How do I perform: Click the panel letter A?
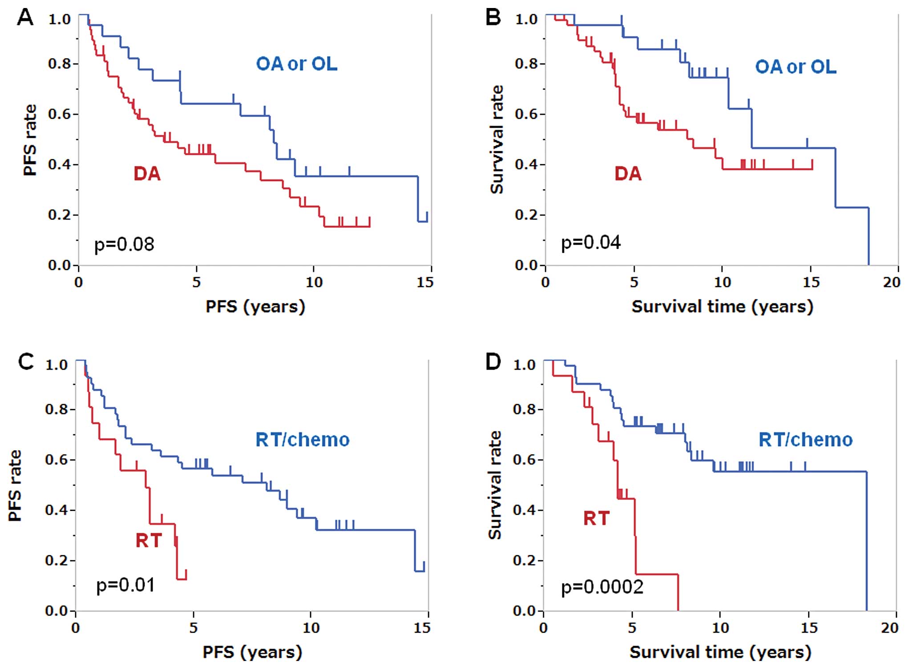25,18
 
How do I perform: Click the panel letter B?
493,18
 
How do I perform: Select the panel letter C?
26,362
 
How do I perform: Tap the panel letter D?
493,362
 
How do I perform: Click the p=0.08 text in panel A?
124,244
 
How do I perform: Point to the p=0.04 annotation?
591,243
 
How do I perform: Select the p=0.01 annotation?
125,585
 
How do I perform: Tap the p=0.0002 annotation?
602,587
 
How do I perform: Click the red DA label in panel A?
147,173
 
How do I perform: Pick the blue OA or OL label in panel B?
796,67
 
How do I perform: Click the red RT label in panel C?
149,540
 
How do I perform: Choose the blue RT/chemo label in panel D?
805,440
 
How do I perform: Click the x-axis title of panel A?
255,307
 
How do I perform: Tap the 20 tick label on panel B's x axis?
892,282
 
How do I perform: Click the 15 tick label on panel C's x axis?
422,628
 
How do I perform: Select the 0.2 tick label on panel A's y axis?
60,215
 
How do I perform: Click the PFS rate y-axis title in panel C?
15,486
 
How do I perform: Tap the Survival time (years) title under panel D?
720,653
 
